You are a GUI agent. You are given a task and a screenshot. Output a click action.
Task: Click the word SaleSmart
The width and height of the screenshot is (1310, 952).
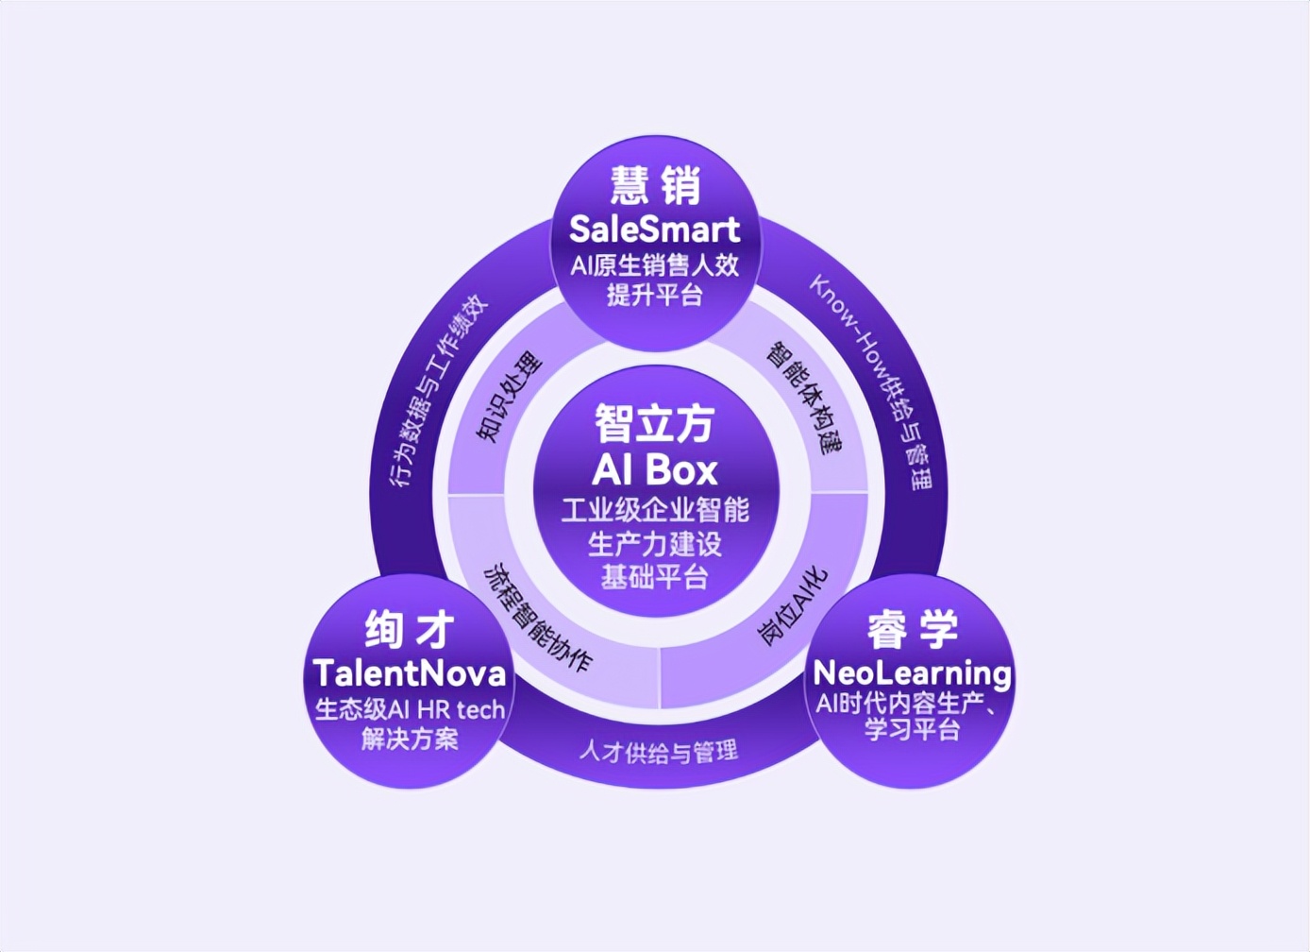coord(654,229)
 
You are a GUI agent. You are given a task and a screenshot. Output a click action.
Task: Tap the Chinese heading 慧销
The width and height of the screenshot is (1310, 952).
coord(655,185)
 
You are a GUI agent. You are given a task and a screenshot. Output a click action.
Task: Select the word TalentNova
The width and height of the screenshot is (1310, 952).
coord(410,673)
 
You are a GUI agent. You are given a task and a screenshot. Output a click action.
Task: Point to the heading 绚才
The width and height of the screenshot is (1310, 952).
coord(410,629)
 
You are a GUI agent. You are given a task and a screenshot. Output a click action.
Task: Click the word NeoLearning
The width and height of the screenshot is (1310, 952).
coord(912,673)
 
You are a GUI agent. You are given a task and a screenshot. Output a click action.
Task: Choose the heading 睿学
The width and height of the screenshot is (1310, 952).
coord(913,629)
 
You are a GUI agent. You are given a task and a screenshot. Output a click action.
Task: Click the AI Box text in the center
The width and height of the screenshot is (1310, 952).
coord(654,469)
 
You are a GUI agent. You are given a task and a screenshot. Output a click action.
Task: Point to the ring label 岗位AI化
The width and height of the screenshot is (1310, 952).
coord(793,606)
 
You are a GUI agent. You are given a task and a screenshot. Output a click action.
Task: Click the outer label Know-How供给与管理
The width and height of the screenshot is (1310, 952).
coord(871,382)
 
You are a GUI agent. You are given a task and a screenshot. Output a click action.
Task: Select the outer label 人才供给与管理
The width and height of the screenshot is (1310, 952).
coord(659,751)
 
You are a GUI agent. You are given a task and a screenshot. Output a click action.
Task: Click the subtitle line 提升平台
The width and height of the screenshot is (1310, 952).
coord(654,295)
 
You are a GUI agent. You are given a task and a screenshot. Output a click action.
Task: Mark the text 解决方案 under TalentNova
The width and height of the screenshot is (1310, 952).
coord(410,739)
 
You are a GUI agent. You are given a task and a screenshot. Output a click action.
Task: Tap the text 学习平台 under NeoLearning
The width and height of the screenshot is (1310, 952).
coord(913,730)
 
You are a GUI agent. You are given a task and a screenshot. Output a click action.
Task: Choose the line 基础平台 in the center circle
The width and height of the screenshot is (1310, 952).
coord(654,576)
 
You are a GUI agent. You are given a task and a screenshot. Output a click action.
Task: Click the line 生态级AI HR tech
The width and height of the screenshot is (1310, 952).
coord(410,710)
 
